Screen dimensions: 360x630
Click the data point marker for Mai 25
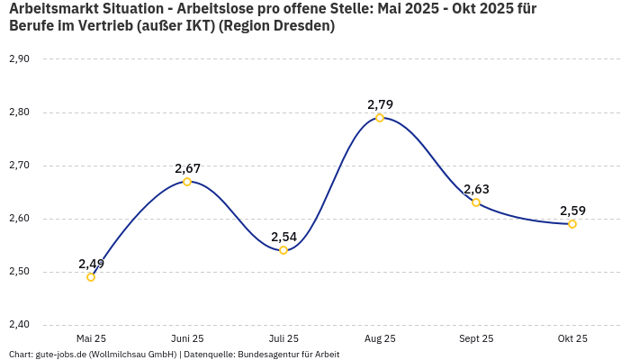pyautogui.click(x=91, y=277)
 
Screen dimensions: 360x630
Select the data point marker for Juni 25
pyautogui.click(x=187, y=182)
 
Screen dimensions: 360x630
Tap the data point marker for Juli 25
pyautogui.click(x=283, y=250)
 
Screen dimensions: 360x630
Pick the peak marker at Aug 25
pyautogui.click(x=380, y=118)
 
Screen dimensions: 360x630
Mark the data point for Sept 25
pyautogui.click(x=476, y=202)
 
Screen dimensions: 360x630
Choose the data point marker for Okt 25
pyautogui.click(x=572, y=224)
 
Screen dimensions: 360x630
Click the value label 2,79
pyautogui.click(x=380, y=104)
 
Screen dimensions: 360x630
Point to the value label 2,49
pyautogui.click(x=91, y=264)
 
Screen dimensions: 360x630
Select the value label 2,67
pyautogui.click(x=187, y=168)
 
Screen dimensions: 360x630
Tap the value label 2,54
pyautogui.click(x=283, y=237)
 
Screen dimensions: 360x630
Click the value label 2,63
pyautogui.click(x=476, y=189)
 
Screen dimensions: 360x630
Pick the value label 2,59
pyautogui.click(x=572, y=211)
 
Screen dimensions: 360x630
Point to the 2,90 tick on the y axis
pyautogui.click(x=19, y=59)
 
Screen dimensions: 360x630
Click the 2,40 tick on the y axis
pyautogui.click(x=19, y=325)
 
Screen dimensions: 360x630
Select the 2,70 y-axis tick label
pyautogui.click(x=19, y=166)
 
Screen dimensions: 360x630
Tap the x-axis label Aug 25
pyautogui.click(x=380, y=338)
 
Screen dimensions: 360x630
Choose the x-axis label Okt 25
pyautogui.click(x=572, y=338)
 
